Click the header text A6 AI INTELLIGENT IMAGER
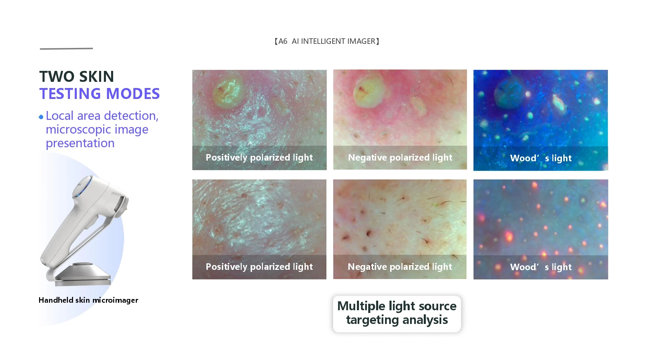327,41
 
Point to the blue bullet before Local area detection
41,117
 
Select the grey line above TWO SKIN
66,49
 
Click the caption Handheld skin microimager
88,300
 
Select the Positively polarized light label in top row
259,158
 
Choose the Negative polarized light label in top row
400,158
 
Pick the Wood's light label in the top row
541,158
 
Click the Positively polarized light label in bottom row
259,267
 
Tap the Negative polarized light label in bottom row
400,267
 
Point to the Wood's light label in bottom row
541,267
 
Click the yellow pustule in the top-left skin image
228,90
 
